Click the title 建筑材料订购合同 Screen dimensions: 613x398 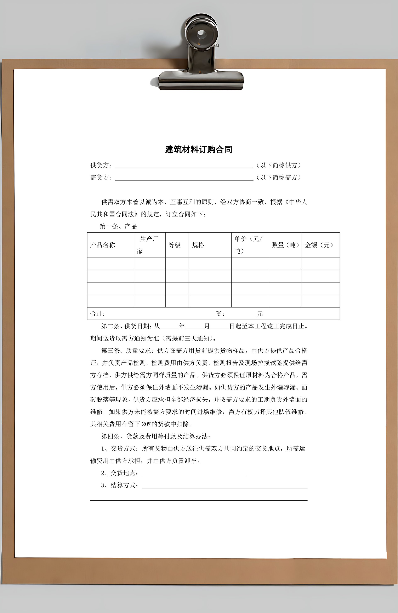(x=199, y=150)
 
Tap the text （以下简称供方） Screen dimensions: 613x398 (x=279, y=165)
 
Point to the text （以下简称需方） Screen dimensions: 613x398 (x=279, y=177)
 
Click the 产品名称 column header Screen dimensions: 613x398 (x=103, y=245)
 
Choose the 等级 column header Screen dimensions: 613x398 (x=175, y=245)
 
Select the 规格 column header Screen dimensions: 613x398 (x=198, y=245)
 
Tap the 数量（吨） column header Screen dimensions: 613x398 (x=285, y=245)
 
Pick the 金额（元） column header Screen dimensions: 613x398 (x=319, y=245)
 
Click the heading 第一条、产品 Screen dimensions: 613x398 (x=118, y=226)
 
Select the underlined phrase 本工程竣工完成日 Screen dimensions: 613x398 (x=273, y=326)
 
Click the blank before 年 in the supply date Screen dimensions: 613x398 (x=169, y=327)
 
